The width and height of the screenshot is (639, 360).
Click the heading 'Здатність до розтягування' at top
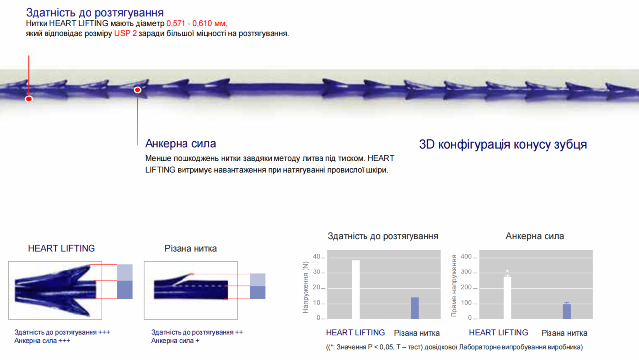click(x=94, y=13)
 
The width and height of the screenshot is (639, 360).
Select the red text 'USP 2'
click(x=125, y=33)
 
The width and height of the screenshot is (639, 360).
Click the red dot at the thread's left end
click(x=29, y=99)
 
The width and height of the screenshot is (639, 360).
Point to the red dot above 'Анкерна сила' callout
click(x=137, y=90)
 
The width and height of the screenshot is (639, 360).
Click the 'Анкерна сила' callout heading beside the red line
click(x=181, y=143)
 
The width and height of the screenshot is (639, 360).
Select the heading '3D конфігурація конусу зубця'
click(x=503, y=144)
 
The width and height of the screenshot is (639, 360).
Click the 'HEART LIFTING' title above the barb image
click(x=61, y=248)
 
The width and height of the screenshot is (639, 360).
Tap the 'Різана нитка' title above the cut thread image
click(x=190, y=248)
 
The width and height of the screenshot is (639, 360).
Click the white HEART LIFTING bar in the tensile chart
click(x=356, y=289)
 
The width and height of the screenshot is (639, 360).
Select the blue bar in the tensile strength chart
click(x=415, y=308)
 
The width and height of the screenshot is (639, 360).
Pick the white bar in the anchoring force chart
click(x=507, y=298)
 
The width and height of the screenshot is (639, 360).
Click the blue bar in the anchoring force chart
click(x=567, y=311)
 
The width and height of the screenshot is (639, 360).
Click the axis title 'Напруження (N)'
click(x=305, y=287)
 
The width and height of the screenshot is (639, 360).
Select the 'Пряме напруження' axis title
click(x=454, y=286)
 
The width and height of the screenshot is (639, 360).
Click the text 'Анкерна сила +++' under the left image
click(x=42, y=341)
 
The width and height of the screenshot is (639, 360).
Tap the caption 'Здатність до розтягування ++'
click(x=197, y=332)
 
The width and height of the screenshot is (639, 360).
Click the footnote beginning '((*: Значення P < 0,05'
click(x=455, y=347)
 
